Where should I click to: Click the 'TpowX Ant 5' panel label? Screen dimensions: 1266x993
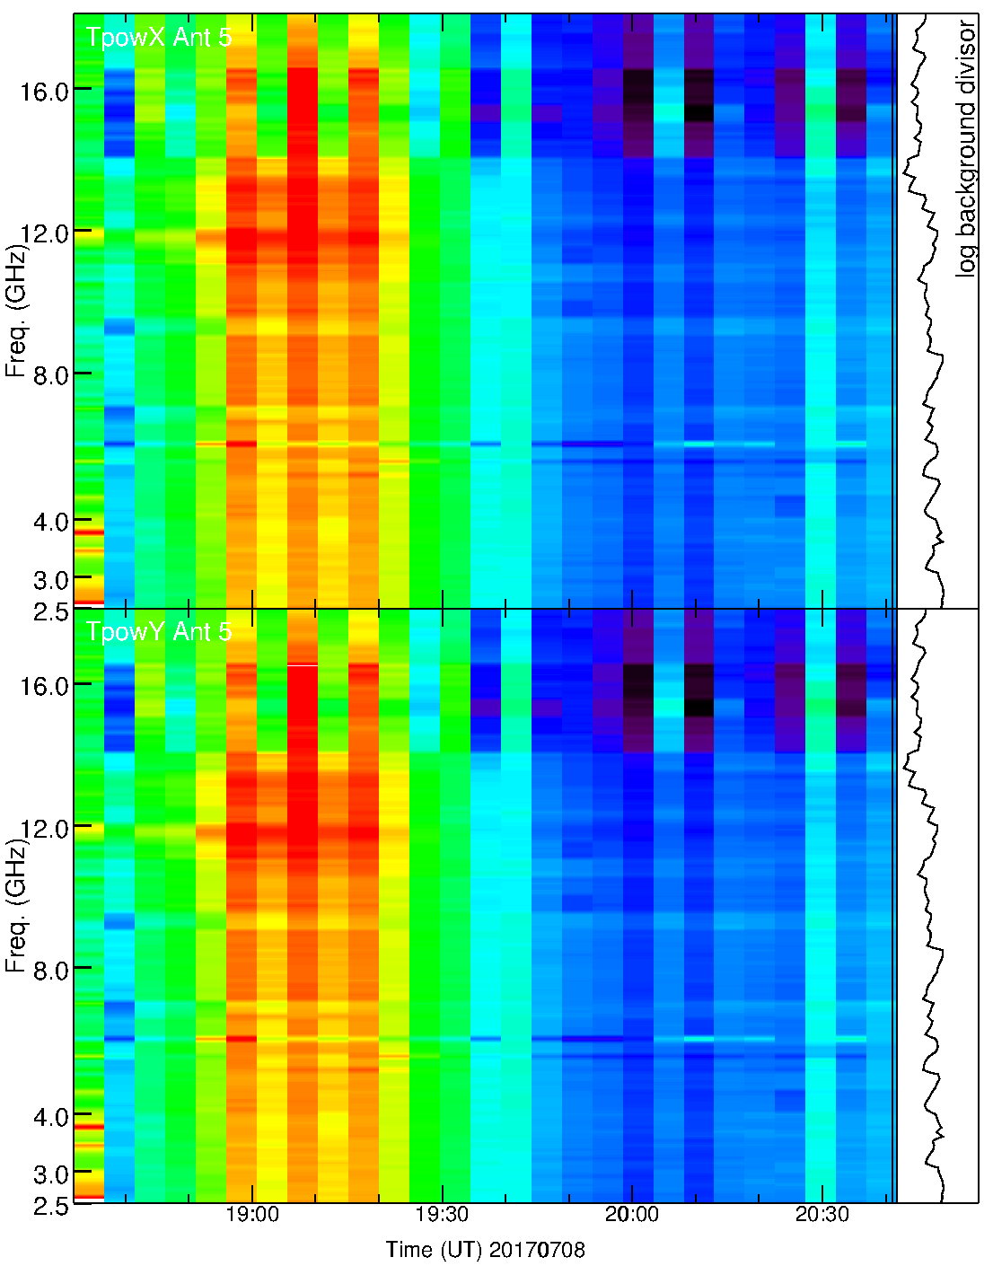coord(159,37)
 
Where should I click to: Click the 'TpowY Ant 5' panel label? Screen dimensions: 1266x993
coord(159,632)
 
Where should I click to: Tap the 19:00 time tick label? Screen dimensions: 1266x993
coord(252,1214)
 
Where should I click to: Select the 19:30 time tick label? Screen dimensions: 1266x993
coord(442,1214)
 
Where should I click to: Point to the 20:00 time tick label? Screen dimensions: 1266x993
coord(632,1214)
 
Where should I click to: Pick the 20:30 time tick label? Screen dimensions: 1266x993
coord(822,1214)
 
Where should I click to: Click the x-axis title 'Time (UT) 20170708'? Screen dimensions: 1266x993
coord(485,1249)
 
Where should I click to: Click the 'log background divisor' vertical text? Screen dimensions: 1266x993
coord(966,149)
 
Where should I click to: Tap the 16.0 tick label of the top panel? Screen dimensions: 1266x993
coord(46,92)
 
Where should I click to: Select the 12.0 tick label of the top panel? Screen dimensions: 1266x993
coord(46,234)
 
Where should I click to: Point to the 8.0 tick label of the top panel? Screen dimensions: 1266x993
coord(51,375)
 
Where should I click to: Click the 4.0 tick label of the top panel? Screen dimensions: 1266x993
coord(51,522)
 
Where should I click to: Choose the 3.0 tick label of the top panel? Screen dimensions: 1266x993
coord(51,580)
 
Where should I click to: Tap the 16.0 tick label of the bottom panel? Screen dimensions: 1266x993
coord(46,687)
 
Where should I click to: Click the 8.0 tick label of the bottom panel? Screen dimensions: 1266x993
coord(51,971)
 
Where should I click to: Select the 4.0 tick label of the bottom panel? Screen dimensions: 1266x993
coord(51,1117)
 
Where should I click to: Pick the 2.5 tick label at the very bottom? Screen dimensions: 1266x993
coord(51,1206)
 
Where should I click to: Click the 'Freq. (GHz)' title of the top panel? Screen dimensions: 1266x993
coord(16,310)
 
